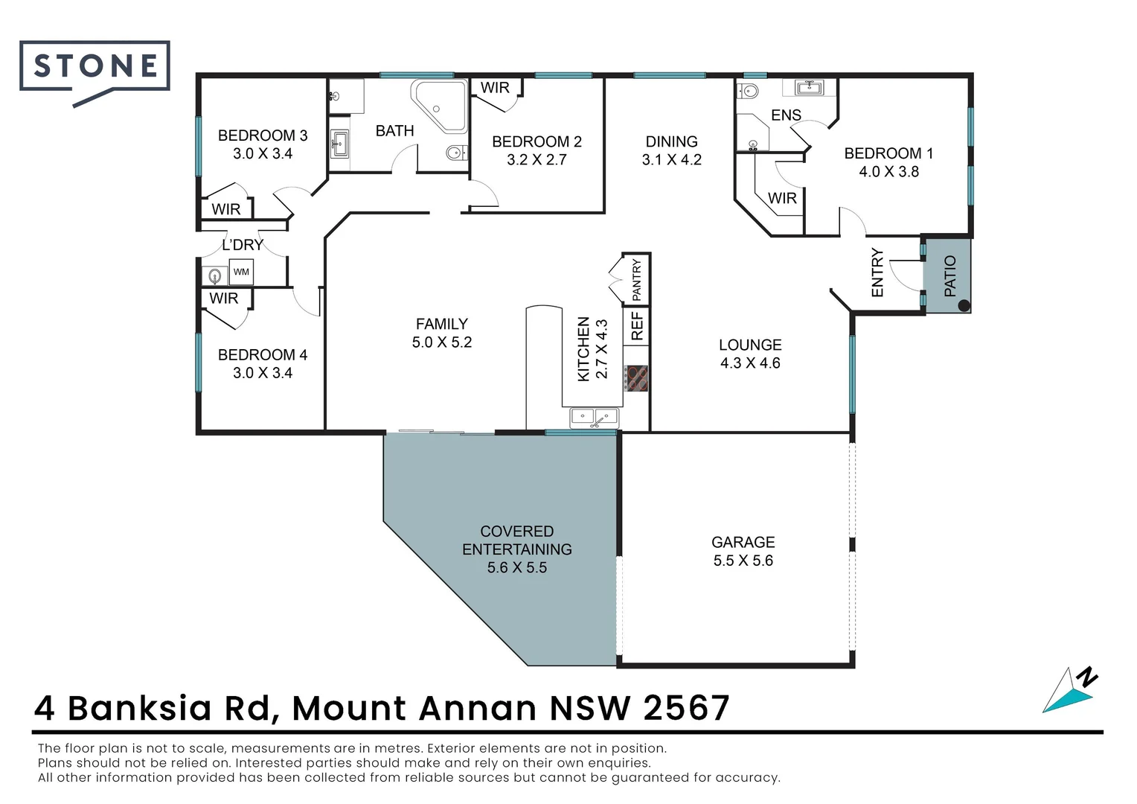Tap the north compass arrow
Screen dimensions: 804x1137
pyautogui.click(x=1070, y=692)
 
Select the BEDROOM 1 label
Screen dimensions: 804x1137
pyautogui.click(x=888, y=153)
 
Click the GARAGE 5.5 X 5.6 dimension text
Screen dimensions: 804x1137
pyautogui.click(x=743, y=561)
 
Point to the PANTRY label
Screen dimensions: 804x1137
pyautogui.click(x=636, y=280)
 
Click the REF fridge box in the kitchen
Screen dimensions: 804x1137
pyautogui.click(x=637, y=326)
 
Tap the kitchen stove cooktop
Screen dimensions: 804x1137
pyautogui.click(x=636, y=378)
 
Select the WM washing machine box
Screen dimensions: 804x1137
pyautogui.click(x=241, y=272)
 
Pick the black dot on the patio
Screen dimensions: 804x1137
pyautogui.click(x=964, y=305)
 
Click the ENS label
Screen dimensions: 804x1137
pyautogui.click(x=786, y=115)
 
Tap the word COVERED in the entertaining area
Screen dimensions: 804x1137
pyautogui.click(x=516, y=532)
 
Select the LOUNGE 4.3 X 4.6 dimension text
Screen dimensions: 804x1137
pyautogui.click(x=750, y=363)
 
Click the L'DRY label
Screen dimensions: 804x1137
pyautogui.click(x=243, y=245)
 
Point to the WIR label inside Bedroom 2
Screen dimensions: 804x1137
pyautogui.click(x=495, y=88)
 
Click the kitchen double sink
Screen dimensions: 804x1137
pyautogui.click(x=595, y=418)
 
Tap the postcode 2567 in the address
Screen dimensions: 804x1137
pyautogui.click(x=686, y=708)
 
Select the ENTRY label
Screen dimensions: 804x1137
pyautogui.click(x=877, y=272)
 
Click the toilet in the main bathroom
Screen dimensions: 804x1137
pyautogui.click(x=455, y=153)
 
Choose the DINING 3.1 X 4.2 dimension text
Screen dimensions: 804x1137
pyautogui.click(x=671, y=159)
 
